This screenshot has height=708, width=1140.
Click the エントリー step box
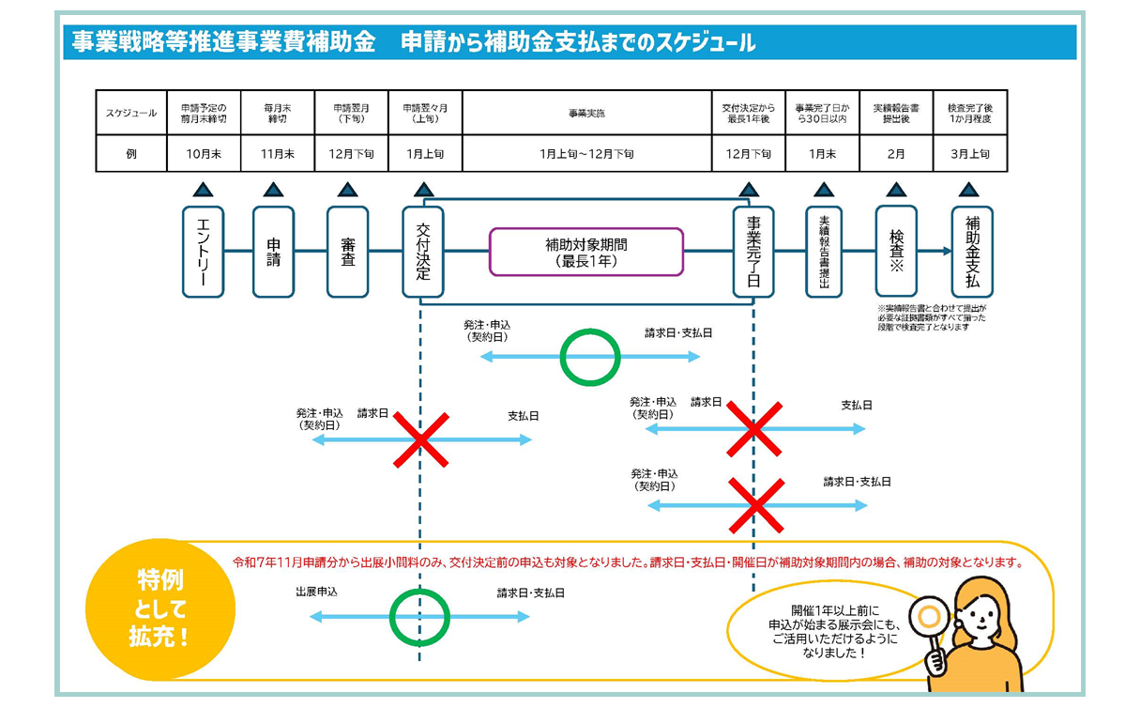[203, 252]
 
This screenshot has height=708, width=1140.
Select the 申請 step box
[273, 252]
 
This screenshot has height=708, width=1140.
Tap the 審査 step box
[347, 252]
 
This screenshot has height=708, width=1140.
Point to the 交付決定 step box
[423, 252]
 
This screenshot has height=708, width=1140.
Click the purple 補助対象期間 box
[586, 252]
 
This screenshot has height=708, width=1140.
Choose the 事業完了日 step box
[753, 252]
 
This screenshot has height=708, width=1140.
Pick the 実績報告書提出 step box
[824, 252]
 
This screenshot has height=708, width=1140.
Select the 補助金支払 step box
[972, 252]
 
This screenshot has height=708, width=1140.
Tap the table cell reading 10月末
[204, 154]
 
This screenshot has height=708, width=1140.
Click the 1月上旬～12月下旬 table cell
[586, 154]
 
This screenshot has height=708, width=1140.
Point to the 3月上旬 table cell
[970, 154]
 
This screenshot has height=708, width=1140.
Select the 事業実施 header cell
[586, 113]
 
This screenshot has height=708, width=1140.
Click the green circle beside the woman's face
[930, 617]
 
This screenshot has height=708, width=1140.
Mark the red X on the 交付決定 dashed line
[419, 439]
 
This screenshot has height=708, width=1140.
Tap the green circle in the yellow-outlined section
[419, 617]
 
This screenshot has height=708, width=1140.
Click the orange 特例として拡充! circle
[146, 609]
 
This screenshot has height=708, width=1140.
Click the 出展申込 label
[316, 593]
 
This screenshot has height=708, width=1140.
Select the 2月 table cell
[896, 154]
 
